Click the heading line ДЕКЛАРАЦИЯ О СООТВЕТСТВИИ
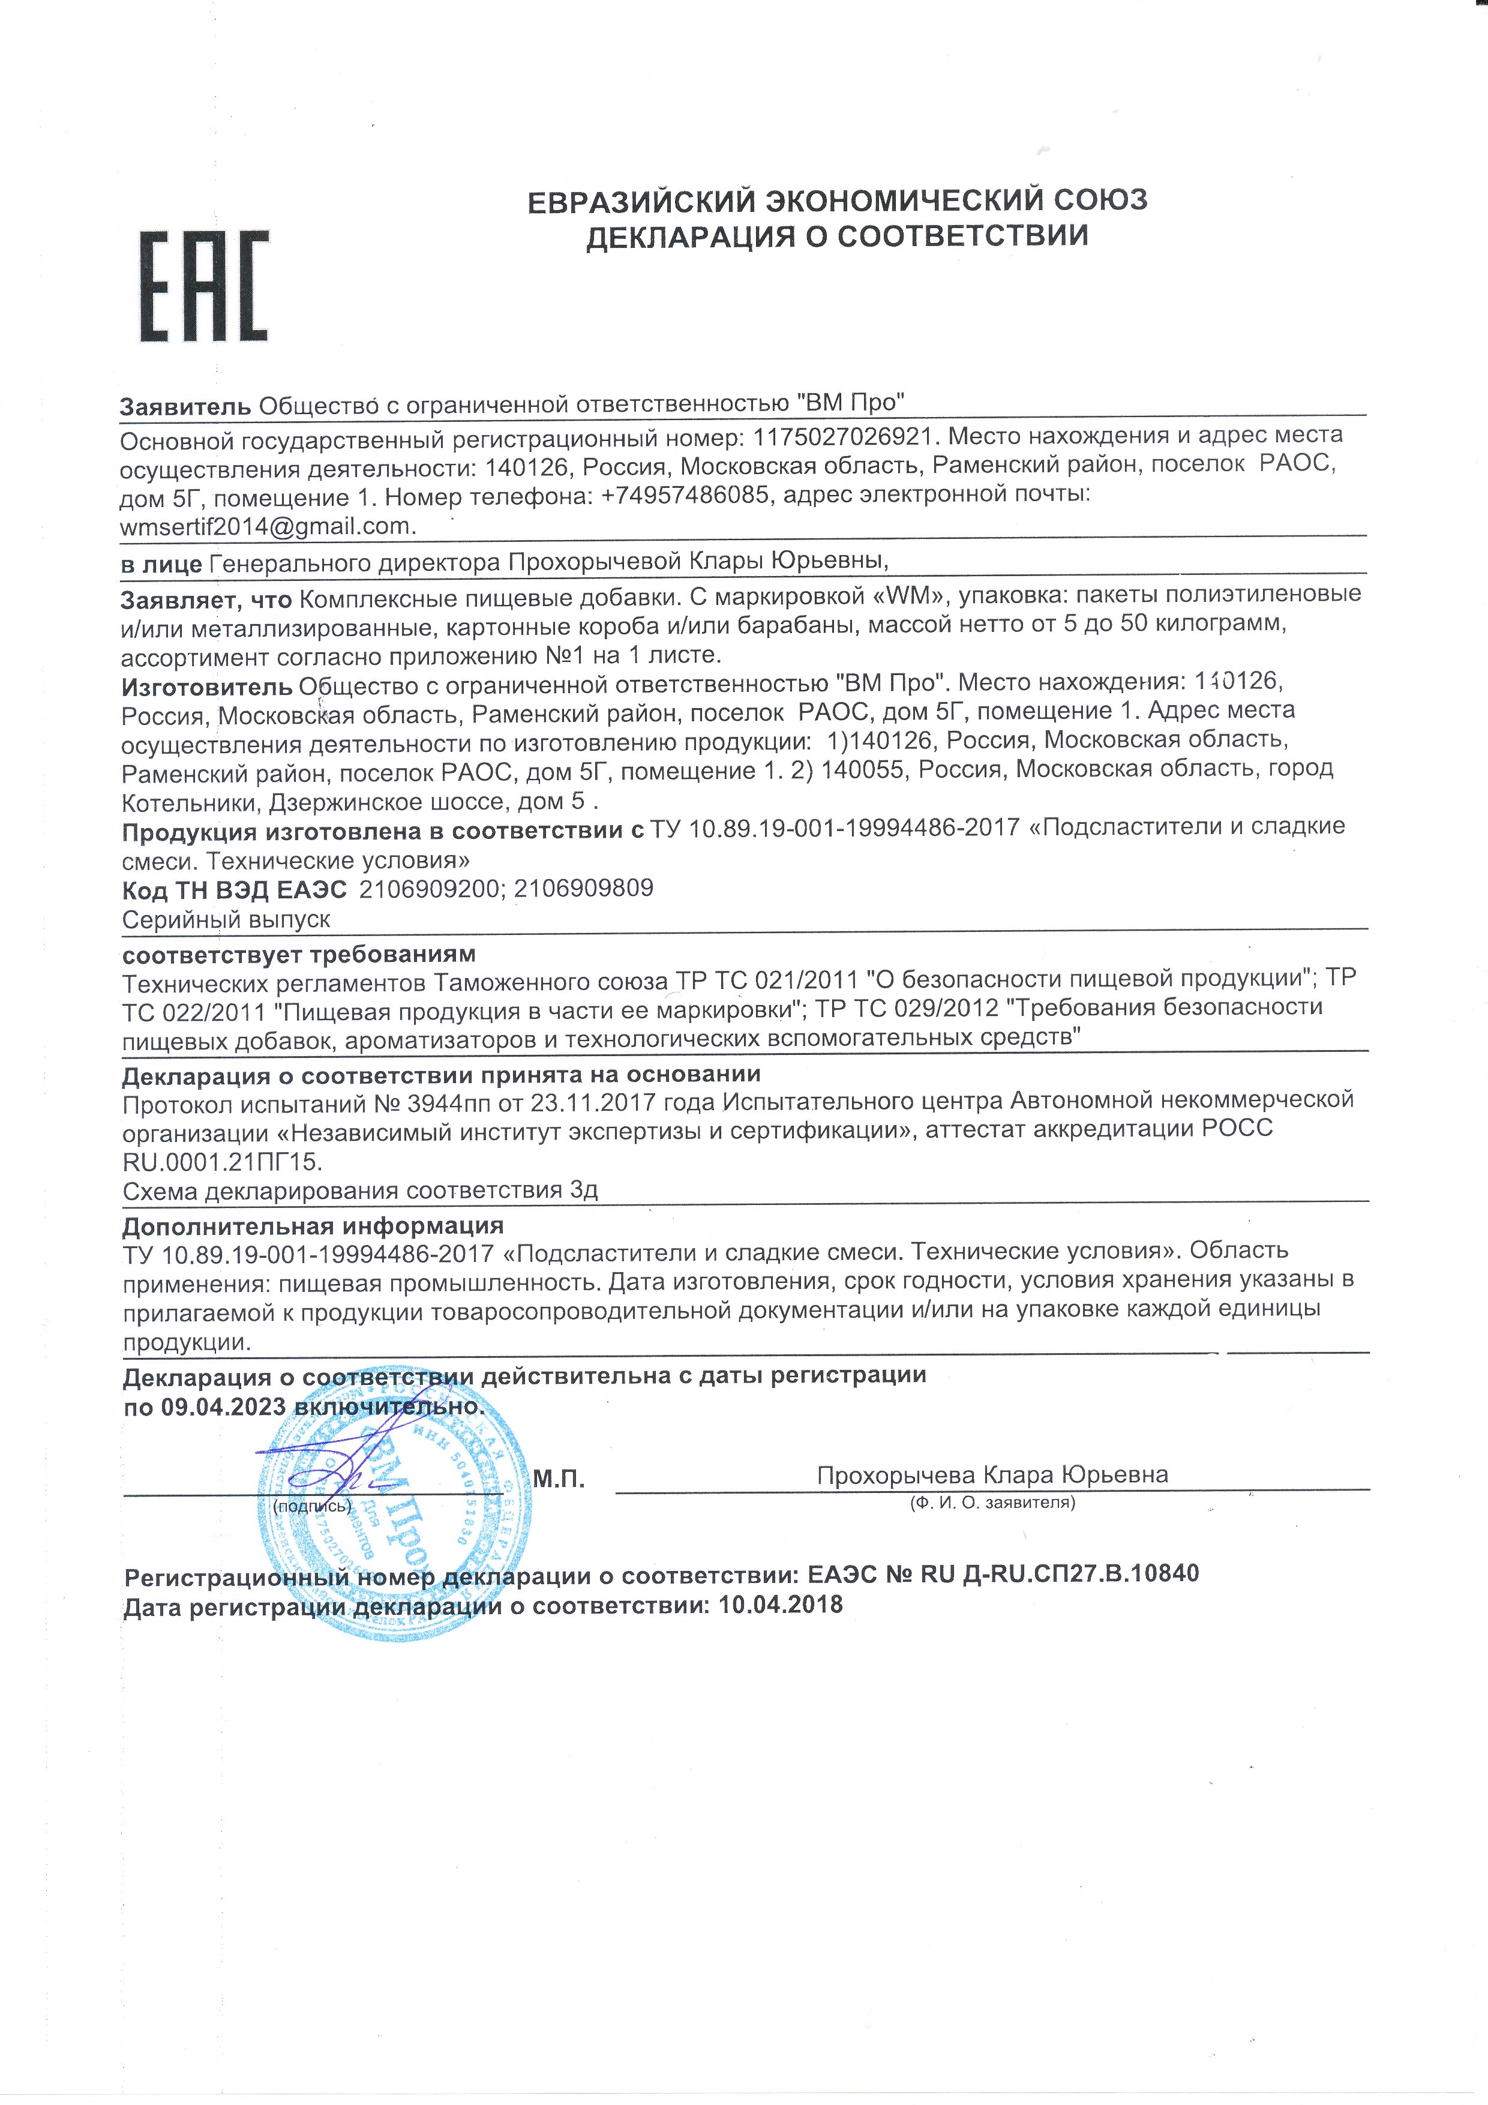coord(837,236)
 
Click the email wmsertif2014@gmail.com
coord(268,526)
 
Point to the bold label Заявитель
coord(185,405)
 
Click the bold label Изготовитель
coord(207,684)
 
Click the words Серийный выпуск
coord(226,919)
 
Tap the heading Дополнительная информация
coord(313,1226)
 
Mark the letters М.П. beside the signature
coord(559,1479)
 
